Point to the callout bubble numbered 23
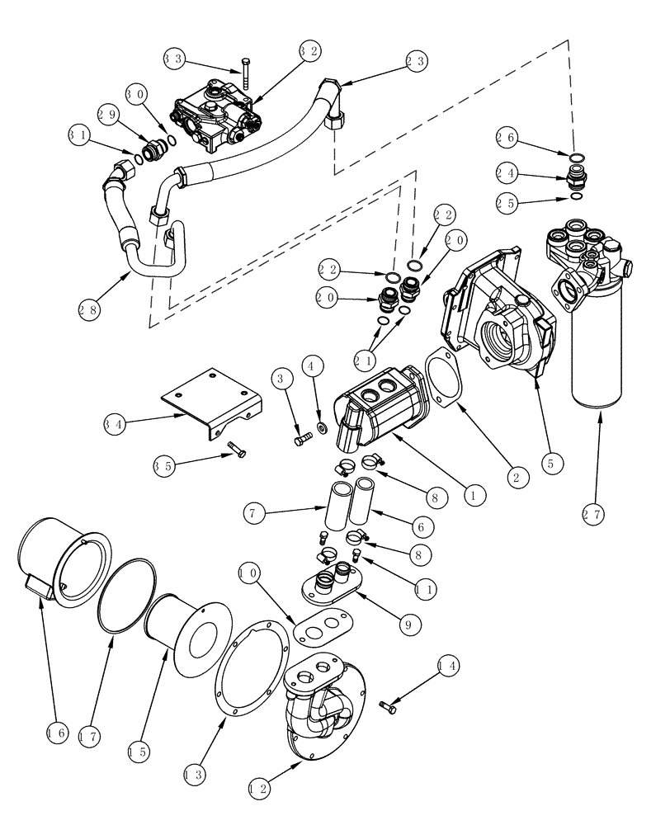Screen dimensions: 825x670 [416, 59]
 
